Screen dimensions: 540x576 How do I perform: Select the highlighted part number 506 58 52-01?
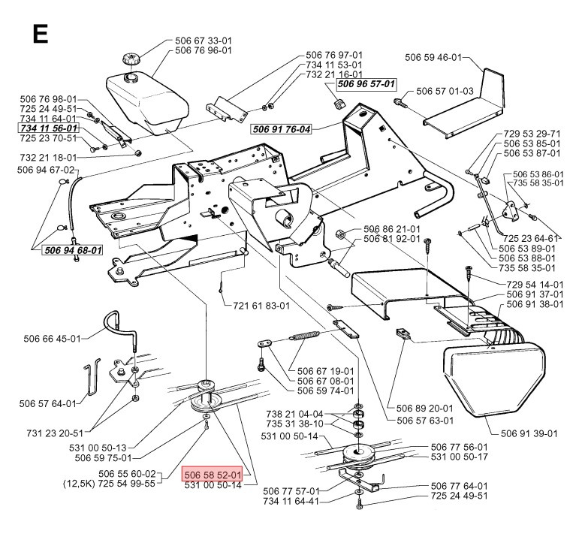(x=213, y=475)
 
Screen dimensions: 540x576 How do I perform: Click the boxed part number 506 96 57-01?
(x=366, y=85)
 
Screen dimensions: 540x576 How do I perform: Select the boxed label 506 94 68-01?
(x=72, y=249)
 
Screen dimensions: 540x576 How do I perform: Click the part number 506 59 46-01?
(x=433, y=56)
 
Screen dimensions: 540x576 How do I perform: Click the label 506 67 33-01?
(x=202, y=41)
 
